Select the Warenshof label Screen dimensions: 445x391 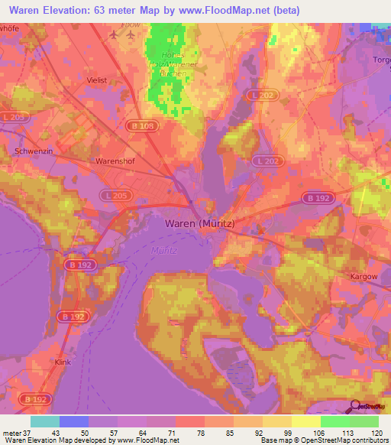coord(115,161)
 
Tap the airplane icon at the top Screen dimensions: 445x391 coord(115,34)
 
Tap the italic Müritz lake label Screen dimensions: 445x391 coord(164,250)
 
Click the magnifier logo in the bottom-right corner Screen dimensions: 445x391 coord(354,406)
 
